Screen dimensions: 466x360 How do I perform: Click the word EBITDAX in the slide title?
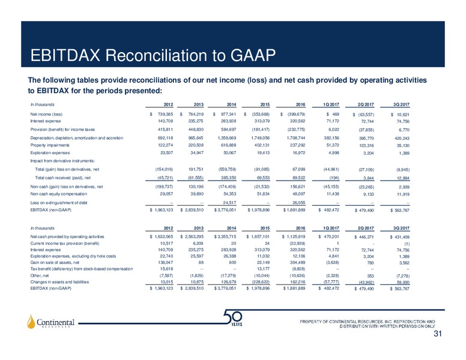pyautogui.click(x=65, y=55)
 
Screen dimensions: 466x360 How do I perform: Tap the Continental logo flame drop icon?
pyautogui.click(x=31, y=322)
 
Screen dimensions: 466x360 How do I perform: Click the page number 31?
pyautogui.click(x=437, y=334)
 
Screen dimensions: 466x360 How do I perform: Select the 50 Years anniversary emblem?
pyautogui.click(x=234, y=318)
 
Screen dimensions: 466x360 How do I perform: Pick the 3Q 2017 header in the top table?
pyautogui.click(x=401, y=104)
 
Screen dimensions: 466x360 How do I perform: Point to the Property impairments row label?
pyautogui.click(x=50, y=145)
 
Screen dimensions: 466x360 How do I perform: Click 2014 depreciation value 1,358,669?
pyautogui.click(x=227, y=138)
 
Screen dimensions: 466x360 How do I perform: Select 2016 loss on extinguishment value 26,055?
pyautogui.click(x=298, y=203)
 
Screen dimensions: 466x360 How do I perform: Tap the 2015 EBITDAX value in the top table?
pyautogui.click(x=259, y=210)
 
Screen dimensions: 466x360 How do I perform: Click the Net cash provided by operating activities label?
pyautogui.click(x=67, y=237)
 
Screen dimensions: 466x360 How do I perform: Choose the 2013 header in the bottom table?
pyautogui.click(x=199, y=228)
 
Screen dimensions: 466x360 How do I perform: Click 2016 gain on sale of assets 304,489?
pyautogui.click(x=297, y=263)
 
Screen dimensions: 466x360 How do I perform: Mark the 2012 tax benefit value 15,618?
pyautogui.click(x=166, y=269)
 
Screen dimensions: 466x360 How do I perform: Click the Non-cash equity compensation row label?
pyautogui.click(x=58, y=194)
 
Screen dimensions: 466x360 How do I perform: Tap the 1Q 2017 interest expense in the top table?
pyautogui.click(x=333, y=121)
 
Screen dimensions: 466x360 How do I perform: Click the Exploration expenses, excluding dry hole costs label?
pyautogui.click(x=73, y=256)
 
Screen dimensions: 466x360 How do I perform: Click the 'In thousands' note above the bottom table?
pyautogui.click(x=42, y=228)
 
